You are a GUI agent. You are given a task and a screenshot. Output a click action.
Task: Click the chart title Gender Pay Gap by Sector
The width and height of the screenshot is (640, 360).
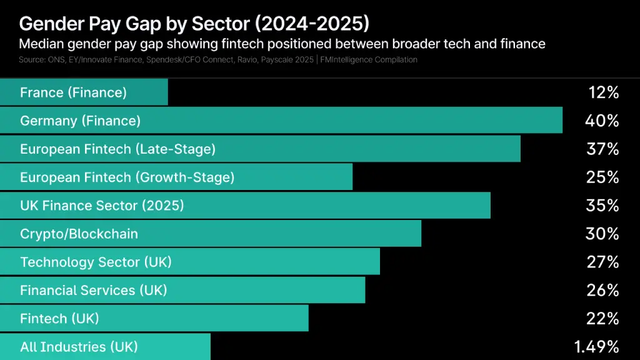pyautogui.click(x=194, y=24)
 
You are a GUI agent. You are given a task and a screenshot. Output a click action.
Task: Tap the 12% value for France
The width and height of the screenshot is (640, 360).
pyautogui.click(x=603, y=92)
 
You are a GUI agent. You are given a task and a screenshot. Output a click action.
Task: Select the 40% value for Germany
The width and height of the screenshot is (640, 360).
pyautogui.click(x=602, y=121)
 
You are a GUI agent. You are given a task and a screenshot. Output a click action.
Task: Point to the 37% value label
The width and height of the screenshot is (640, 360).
pyautogui.click(x=602, y=149)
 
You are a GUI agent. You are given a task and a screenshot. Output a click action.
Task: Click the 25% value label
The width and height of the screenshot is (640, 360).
pyautogui.click(x=602, y=177)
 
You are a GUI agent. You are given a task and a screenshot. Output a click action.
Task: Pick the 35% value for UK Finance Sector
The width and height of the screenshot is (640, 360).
pyautogui.click(x=602, y=206)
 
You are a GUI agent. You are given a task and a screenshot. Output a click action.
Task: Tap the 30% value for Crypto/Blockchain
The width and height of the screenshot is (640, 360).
pyautogui.click(x=602, y=234)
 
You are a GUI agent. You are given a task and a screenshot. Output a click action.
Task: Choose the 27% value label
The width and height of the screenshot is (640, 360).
pyautogui.click(x=602, y=262)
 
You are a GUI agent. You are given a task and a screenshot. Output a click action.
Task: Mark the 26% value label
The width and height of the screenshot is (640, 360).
pyautogui.click(x=602, y=290)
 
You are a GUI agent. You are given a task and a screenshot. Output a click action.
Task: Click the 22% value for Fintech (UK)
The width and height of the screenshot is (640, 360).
pyautogui.click(x=602, y=318)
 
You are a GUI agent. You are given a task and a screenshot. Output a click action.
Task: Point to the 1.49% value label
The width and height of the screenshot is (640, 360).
pyautogui.click(x=596, y=346)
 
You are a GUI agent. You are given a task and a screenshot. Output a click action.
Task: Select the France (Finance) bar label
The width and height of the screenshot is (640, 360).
pyautogui.click(x=73, y=92)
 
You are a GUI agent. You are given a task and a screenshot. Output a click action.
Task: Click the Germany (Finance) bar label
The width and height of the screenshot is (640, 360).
pyautogui.click(x=80, y=121)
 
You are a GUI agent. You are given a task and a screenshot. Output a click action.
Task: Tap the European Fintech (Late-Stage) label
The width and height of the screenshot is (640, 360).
pyautogui.click(x=117, y=149)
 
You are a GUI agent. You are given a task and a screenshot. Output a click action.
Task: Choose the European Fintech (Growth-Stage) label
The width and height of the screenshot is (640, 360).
pyautogui.click(x=127, y=177)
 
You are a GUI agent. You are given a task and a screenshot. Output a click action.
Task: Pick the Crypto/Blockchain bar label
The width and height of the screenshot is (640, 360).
pyautogui.click(x=79, y=234)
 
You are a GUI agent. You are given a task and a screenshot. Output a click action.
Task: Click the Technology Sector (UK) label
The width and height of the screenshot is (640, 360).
pyautogui.click(x=96, y=262)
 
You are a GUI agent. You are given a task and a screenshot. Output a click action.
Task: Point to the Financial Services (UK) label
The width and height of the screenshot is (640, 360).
pyautogui.click(x=93, y=290)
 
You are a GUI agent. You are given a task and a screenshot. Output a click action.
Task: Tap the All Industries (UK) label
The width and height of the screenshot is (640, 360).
pyautogui.click(x=79, y=346)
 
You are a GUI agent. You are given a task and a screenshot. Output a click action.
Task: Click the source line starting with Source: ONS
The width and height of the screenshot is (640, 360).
pyautogui.click(x=218, y=59)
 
